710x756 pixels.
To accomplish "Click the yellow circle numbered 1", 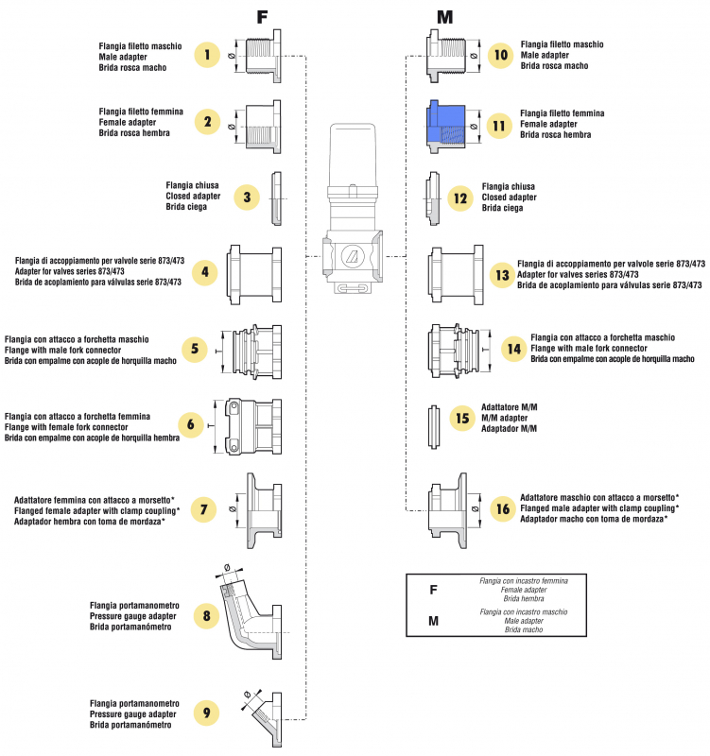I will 207,55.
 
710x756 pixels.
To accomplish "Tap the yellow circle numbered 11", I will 499,125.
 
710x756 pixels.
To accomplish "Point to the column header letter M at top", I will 444,16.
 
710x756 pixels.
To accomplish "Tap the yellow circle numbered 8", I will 207,617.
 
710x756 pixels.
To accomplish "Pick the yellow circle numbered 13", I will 502,275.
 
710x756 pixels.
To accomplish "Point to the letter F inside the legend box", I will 433,590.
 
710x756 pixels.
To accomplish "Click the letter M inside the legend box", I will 433,621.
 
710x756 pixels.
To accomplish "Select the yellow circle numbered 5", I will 193,349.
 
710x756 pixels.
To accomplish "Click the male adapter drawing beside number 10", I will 447,54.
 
